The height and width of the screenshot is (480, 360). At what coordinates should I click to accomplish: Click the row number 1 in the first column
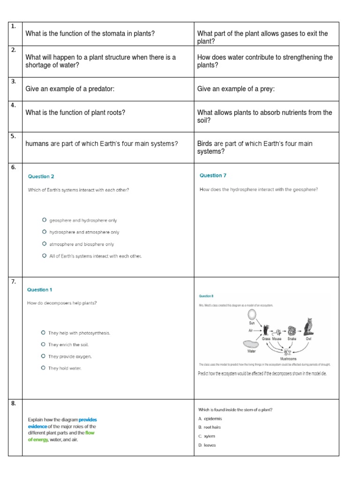pyautogui.click(x=13, y=26)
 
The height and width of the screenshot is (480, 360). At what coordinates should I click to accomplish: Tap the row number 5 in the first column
pyautogui.click(x=13, y=136)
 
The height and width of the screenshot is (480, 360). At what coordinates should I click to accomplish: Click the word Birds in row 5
pyautogui.click(x=205, y=143)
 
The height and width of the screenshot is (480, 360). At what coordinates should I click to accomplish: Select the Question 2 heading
pyautogui.click(x=41, y=177)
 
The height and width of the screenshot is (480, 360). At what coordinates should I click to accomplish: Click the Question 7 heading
pyautogui.click(x=213, y=176)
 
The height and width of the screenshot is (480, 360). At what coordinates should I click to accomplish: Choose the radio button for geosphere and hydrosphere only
pyautogui.click(x=44, y=220)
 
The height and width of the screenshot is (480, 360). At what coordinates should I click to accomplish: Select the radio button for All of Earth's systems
pyautogui.click(x=44, y=256)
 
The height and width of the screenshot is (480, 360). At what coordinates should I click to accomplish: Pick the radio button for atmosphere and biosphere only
pyautogui.click(x=44, y=244)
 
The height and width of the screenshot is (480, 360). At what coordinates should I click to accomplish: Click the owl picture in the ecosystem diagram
pyautogui.click(x=308, y=326)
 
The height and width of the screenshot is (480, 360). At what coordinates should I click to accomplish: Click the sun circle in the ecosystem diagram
pyautogui.click(x=252, y=314)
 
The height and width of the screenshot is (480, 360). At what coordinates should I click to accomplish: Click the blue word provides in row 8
pyautogui.click(x=88, y=420)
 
